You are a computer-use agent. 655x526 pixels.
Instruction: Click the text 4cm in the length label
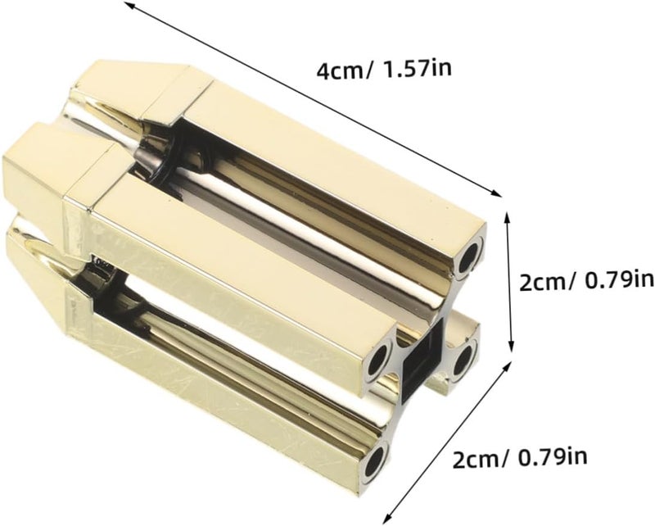click(339, 72)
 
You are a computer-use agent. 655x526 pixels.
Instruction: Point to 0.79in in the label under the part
click(552, 457)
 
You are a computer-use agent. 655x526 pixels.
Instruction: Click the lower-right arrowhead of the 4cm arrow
click(497, 193)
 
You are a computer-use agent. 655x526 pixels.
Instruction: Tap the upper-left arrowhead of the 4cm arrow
click(129, 4)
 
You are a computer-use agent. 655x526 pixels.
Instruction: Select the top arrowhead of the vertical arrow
click(508, 217)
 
